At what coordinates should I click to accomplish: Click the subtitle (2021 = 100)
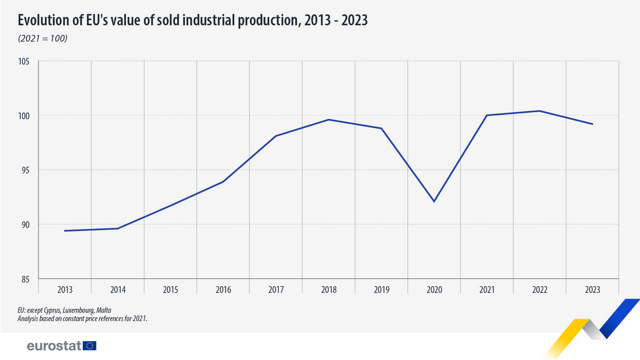point(42,39)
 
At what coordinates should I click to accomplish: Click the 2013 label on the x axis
point(65,291)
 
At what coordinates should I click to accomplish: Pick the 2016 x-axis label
point(223,291)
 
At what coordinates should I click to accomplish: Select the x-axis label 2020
point(434,291)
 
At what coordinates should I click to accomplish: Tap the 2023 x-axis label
point(592,291)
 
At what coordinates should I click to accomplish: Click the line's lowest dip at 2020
point(434,201)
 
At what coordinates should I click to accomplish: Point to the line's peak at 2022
point(539,111)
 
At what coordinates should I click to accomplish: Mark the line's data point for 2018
point(329,119)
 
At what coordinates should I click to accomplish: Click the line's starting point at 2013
point(65,231)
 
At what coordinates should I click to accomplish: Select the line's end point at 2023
point(592,124)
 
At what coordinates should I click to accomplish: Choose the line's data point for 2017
point(276,136)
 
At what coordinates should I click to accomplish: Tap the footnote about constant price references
point(82,318)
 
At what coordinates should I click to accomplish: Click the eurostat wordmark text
point(54,346)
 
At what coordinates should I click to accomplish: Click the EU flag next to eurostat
point(90,346)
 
